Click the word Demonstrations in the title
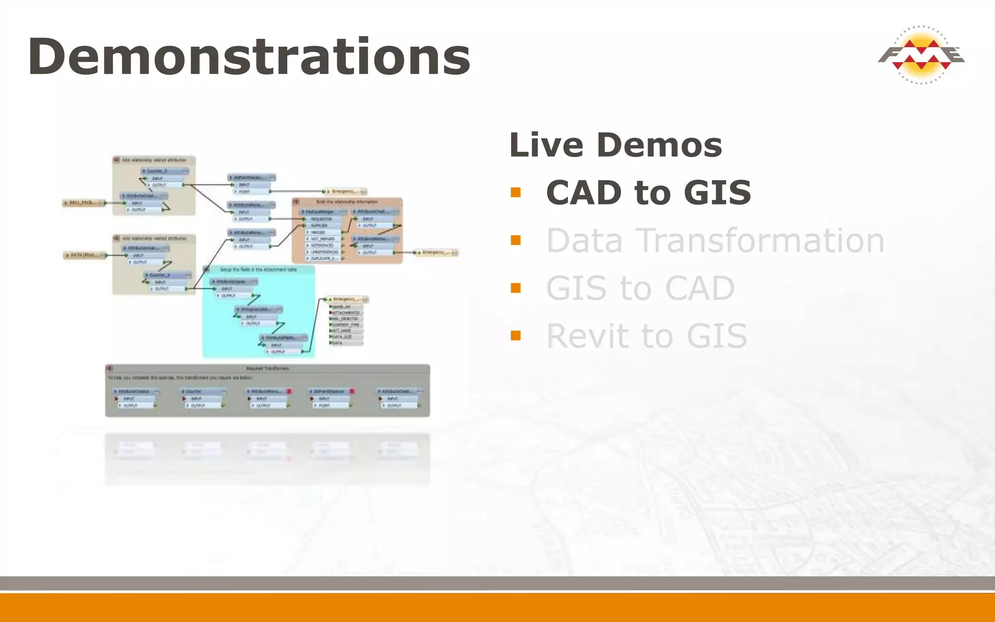pyautogui.click(x=249, y=57)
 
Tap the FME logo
pyautogui.click(x=921, y=55)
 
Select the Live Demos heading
pyautogui.click(x=616, y=145)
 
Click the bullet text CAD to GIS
pyautogui.click(x=648, y=192)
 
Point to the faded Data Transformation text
pyautogui.click(x=715, y=241)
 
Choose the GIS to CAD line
pyautogui.click(x=640, y=288)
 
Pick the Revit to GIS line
pyautogui.click(x=646, y=336)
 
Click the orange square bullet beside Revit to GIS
pyautogui.click(x=515, y=336)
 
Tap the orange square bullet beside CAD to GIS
pyautogui.click(x=515, y=192)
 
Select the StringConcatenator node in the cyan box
pyautogui.click(x=257, y=310)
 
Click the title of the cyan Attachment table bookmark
pyautogui.click(x=258, y=269)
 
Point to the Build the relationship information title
pyautogui.click(x=346, y=202)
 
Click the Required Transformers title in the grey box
pyautogui.click(x=267, y=368)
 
